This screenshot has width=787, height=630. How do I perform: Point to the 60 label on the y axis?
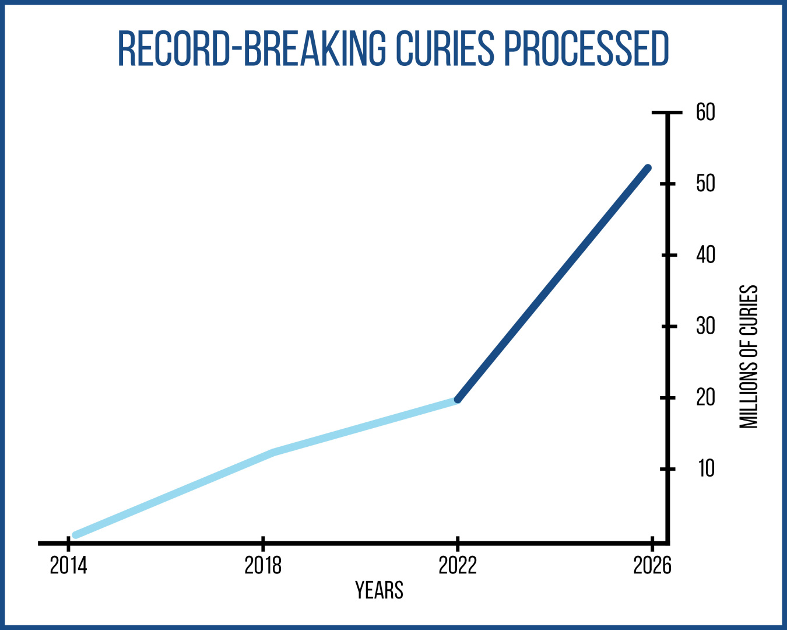(705, 112)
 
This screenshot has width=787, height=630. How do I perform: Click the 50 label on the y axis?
(705, 184)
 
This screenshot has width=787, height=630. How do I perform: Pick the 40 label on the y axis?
(705, 255)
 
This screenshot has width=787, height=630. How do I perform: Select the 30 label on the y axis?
(705, 327)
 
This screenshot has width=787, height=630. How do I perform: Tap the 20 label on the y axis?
(705, 398)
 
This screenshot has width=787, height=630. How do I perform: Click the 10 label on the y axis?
(706, 469)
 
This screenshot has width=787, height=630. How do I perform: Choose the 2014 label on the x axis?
(68, 565)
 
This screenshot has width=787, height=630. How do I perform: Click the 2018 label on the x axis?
(263, 565)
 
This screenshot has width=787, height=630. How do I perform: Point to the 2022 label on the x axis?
(458, 565)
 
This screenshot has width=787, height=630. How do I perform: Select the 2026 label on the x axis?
(652, 565)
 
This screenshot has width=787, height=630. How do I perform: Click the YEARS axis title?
(380, 590)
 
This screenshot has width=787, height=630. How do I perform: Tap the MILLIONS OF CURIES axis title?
(749, 357)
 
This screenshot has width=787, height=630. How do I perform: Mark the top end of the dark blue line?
(648, 168)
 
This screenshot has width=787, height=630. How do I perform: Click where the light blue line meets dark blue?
(458, 400)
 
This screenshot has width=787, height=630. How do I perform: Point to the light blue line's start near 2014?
(75, 535)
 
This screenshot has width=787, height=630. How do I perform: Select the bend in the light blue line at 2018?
(273, 453)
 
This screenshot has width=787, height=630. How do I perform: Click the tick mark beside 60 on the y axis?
(667, 112)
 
